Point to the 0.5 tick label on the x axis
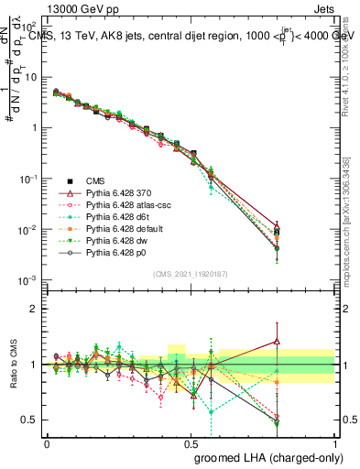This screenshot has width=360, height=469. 190,443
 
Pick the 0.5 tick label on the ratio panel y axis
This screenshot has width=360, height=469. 32,420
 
